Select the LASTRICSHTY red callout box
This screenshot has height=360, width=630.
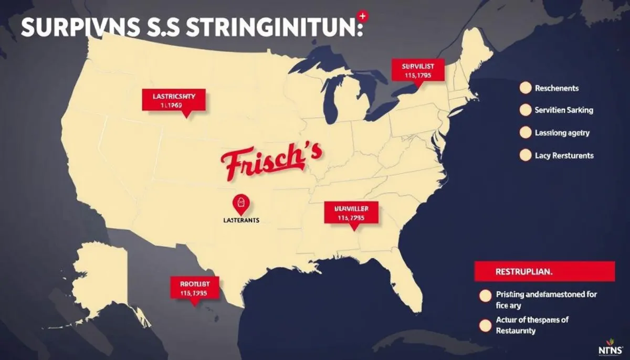[174, 100]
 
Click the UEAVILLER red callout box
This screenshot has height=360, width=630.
[351, 213]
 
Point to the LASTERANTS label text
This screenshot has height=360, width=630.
[238, 221]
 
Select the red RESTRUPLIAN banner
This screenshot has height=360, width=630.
[544, 272]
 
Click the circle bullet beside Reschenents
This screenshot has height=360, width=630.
[525, 88]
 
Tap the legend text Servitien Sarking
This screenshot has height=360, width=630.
[564, 110]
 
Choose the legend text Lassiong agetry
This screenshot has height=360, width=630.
[562, 133]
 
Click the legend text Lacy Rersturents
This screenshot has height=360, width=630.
[564, 155]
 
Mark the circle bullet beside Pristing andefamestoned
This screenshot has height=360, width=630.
[485, 296]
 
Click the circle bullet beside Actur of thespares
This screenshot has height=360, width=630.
[485, 326]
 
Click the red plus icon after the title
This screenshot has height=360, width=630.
[360, 17]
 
